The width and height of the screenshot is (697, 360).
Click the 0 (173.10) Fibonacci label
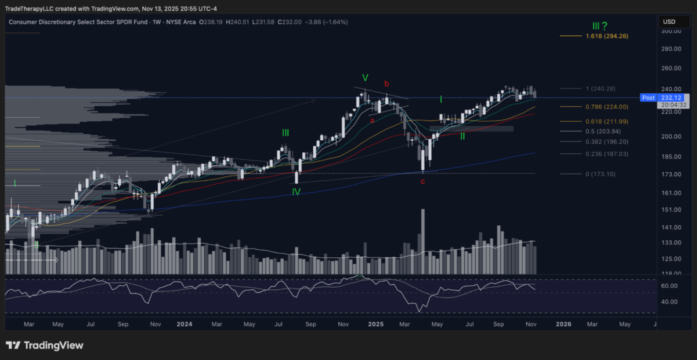point(600,174)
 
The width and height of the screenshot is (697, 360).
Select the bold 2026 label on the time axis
point(563,325)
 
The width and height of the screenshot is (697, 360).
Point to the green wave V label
point(365,78)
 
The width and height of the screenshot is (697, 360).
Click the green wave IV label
point(297,193)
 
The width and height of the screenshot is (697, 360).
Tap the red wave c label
point(423,181)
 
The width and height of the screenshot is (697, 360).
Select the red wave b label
point(387,84)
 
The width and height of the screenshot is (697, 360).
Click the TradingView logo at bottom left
point(44,345)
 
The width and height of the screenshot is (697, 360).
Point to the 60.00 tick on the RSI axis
point(670,287)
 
